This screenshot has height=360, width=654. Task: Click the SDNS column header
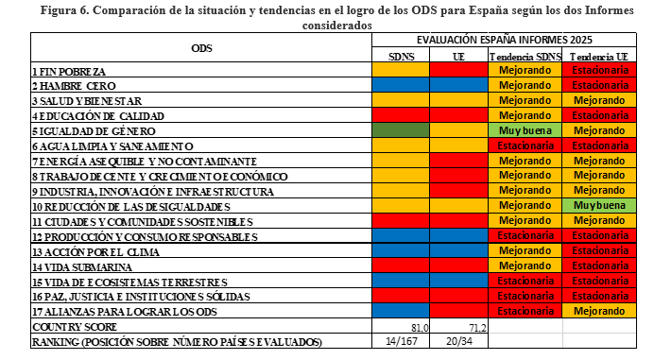[x=401, y=57]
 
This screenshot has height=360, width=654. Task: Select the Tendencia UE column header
[x=599, y=57]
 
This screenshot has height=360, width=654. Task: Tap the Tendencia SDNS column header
[x=525, y=57]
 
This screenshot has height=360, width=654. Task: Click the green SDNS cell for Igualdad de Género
[x=401, y=130]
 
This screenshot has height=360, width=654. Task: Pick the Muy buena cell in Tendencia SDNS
[x=525, y=130]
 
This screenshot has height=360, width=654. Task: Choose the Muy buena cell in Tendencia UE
[x=599, y=205]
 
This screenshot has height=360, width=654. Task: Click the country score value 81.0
[x=420, y=328]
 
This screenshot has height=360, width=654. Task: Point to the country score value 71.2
[x=477, y=328]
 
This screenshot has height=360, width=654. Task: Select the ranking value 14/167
[x=401, y=341]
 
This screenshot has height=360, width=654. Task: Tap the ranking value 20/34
[x=458, y=341]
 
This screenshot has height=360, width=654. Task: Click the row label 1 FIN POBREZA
[x=69, y=71]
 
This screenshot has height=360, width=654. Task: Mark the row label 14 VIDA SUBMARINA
[x=82, y=267]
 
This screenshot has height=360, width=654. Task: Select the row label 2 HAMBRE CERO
[x=74, y=86]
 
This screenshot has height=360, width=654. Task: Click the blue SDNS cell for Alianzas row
[x=401, y=311]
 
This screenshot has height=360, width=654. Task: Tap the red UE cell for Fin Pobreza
[x=458, y=70]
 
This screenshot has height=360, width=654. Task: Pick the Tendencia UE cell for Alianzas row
[x=599, y=311]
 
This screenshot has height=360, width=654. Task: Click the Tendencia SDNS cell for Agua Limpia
[x=525, y=146]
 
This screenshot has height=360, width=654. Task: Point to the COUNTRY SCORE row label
[x=75, y=327]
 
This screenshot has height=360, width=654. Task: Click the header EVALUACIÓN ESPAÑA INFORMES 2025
[x=505, y=40]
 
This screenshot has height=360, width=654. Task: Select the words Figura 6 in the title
[x=64, y=10]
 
